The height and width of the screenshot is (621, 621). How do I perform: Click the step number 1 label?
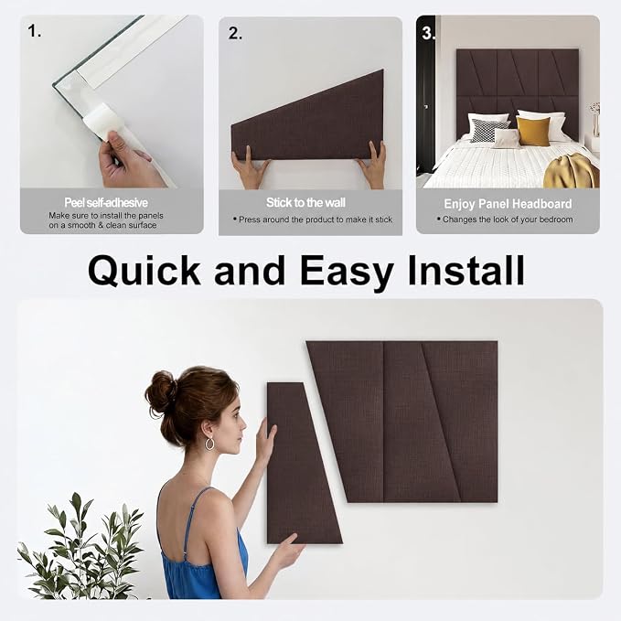coord(34,31)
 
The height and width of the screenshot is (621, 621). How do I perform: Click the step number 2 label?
coord(235,33)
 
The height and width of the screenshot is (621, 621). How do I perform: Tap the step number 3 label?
coord(428,33)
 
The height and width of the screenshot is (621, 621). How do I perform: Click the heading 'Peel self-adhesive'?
coord(106,203)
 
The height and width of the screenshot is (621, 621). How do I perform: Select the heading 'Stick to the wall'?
coord(305,202)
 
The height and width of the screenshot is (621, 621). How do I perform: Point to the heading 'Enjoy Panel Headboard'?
coord(508,204)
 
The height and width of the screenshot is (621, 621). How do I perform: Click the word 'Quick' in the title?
coord(145,271)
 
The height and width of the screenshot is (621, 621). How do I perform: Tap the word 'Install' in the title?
coord(466,270)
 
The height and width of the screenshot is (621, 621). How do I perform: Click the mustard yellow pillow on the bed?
coord(533,131)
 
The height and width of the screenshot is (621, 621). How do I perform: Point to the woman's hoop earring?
coord(209,444)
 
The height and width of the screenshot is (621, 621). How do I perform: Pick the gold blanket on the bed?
coord(572,171)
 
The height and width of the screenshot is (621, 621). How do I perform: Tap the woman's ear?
coord(207,429)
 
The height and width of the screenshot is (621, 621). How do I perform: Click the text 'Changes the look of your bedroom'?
coord(508,219)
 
